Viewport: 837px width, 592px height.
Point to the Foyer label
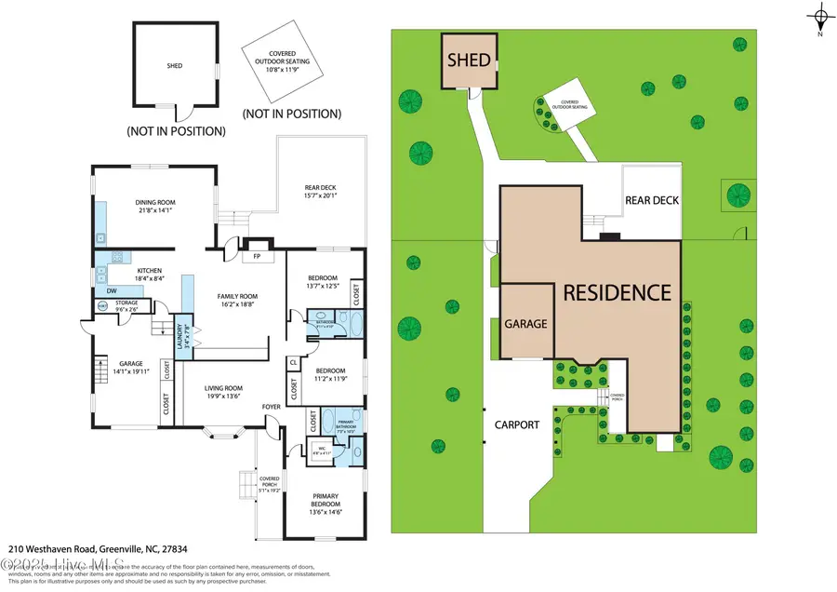(x=271, y=406)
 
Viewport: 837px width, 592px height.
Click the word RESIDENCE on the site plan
(x=618, y=291)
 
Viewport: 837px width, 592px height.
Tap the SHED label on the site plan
(x=469, y=61)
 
